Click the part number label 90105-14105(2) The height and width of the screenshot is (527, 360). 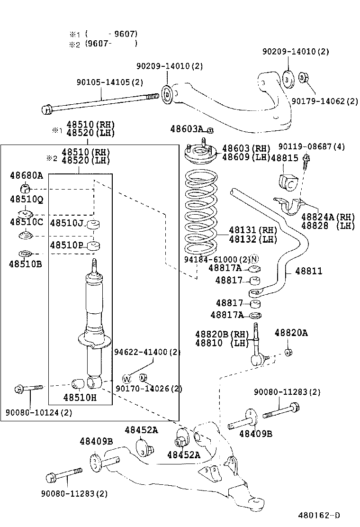pos(109,82)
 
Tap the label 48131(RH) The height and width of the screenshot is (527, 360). pos(253,230)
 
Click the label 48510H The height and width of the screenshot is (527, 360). pos(79,398)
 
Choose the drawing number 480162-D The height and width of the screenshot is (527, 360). pos(319,516)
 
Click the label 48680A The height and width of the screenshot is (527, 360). pos(26,176)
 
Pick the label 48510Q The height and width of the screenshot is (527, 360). pos(26,200)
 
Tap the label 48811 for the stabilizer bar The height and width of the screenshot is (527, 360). pos(308,271)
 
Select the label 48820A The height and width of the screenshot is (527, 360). pos(291,333)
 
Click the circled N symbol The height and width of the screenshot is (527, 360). pos(254,259)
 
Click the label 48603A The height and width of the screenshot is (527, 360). pos(187,129)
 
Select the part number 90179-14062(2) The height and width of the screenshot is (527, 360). pos(324,101)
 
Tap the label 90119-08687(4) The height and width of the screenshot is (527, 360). pos(311,147)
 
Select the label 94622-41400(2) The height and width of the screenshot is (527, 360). pos(147,352)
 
